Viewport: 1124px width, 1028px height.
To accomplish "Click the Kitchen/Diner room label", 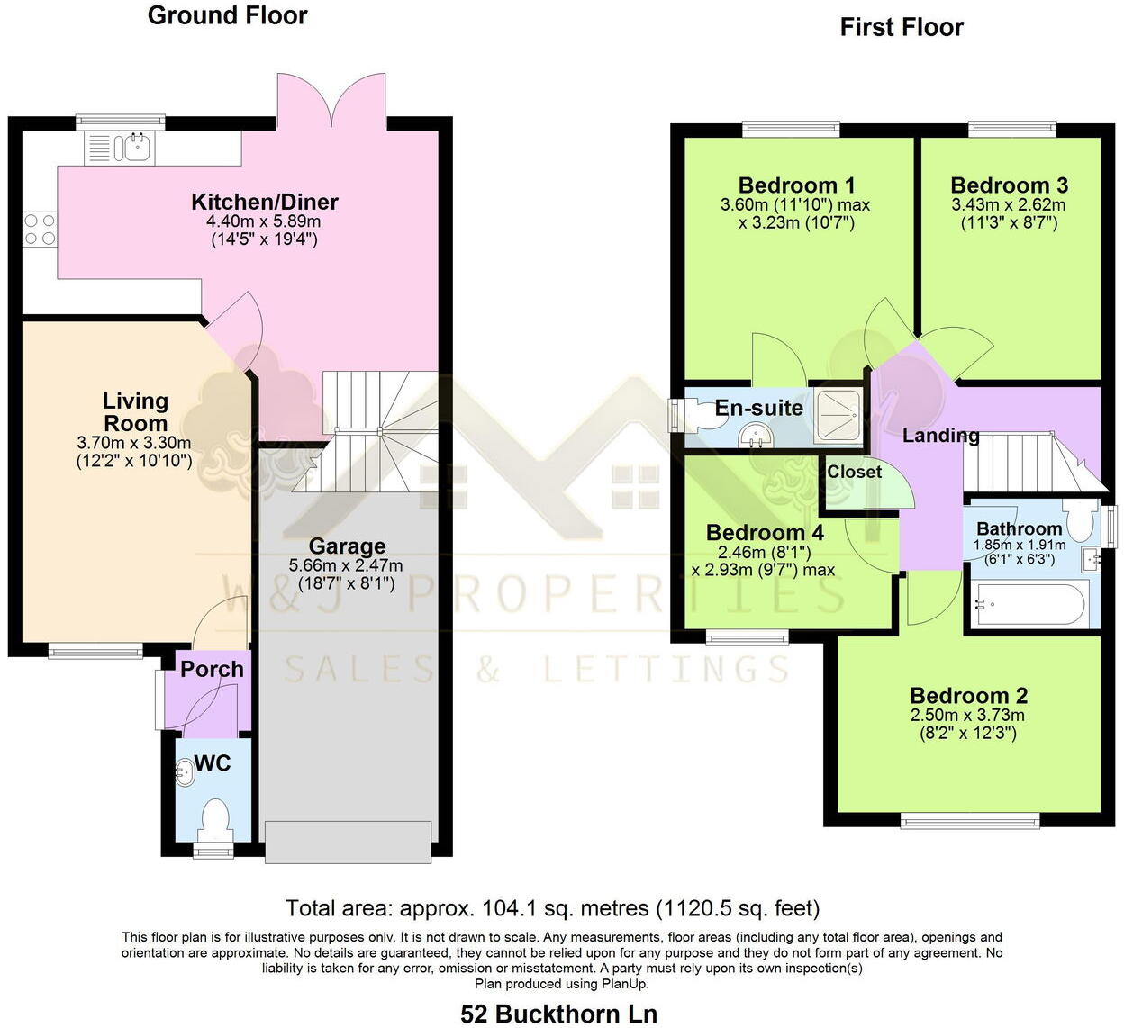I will (x=265, y=202).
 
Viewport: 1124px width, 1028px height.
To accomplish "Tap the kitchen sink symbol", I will (x=137, y=148).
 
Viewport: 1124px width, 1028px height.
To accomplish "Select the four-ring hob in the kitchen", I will (x=38, y=229).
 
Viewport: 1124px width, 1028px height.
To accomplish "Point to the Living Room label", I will (x=135, y=412).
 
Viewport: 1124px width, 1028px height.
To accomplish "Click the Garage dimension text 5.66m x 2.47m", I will (x=346, y=565).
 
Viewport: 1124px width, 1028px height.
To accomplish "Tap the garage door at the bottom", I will (x=347, y=843).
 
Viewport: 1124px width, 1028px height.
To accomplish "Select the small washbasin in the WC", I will (x=185, y=772).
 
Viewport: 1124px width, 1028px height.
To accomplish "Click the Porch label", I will (x=212, y=669).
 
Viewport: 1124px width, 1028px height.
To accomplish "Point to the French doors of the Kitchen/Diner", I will (x=332, y=101).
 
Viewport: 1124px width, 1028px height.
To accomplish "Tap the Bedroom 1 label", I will (x=796, y=185).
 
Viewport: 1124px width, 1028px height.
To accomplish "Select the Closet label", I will (x=854, y=472).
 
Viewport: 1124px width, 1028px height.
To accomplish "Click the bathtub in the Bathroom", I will (x=1027, y=604).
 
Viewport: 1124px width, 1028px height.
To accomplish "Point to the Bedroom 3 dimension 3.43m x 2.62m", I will (x=1008, y=205).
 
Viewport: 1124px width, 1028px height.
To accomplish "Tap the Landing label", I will (x=940, y=436).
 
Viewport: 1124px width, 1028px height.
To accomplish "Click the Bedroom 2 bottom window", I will (x=971, y=820).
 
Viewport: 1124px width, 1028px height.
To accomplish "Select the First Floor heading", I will (x=901, y=27).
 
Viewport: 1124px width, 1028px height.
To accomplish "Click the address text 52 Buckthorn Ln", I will (x=558, y=1014).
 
